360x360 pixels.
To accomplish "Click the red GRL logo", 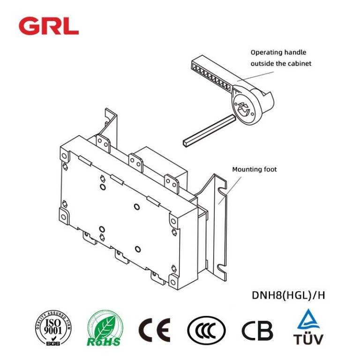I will click(48, 26).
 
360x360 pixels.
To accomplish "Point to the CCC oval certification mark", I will click(206, 330).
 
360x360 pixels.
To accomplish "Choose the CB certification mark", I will click(257, 330).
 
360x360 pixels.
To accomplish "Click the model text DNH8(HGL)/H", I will click(288, 295).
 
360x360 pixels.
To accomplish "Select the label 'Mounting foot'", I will click(254, 169).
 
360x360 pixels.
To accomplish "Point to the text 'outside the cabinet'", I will click(281, 63).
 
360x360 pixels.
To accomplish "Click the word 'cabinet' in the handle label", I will click(300, 63).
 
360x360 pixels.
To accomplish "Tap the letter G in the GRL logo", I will click(29, 26).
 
